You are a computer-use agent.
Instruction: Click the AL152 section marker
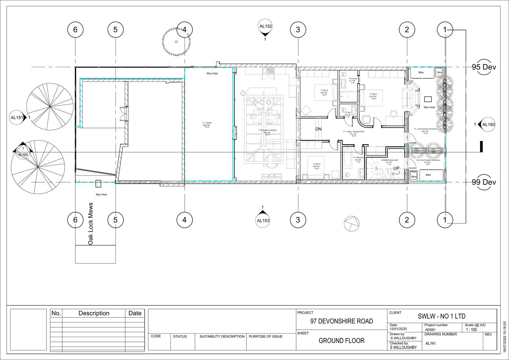(266, 27)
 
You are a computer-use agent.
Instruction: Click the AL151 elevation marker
(17, 117)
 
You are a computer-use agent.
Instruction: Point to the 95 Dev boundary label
(484, 67)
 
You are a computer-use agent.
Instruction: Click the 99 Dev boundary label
(484, 182)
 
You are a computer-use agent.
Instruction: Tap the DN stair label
(318, 129)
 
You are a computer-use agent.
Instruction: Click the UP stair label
(396, 168)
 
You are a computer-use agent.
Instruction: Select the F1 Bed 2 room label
(324, 93)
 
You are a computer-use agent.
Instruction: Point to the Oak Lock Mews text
(90, 223)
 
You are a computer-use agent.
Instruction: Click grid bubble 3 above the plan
(298, 30)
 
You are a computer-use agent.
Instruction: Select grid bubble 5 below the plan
(115, 220)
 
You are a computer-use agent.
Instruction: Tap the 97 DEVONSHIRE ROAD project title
(341, 321)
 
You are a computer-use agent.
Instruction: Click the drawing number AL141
(430, 343)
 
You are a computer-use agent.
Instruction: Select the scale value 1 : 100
(471, 330)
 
